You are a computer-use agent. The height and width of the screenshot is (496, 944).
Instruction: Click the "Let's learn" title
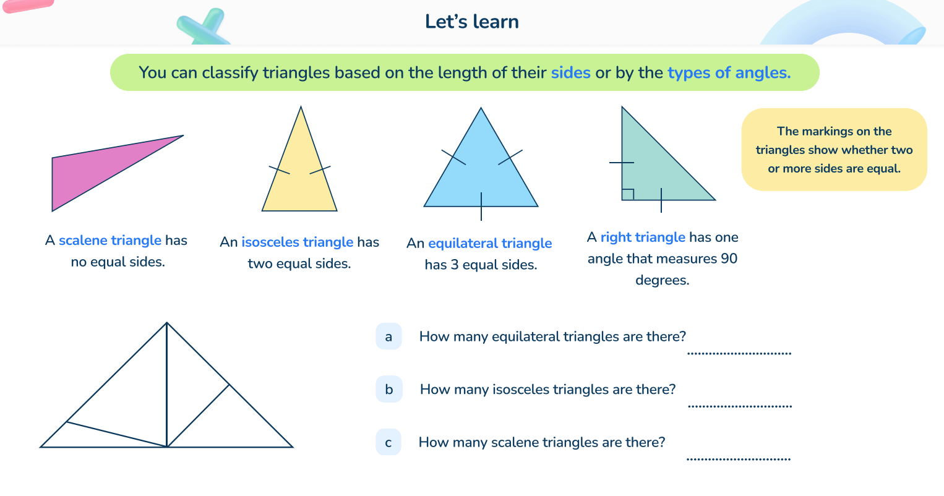471,22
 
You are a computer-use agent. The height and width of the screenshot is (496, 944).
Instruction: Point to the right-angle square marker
627,194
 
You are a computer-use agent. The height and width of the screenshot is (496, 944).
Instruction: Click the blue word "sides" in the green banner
570,73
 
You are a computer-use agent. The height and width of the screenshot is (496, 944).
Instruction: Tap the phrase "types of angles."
729,73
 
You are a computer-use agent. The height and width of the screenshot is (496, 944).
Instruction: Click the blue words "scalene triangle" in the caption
110,241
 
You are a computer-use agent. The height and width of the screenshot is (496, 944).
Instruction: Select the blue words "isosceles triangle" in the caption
297,242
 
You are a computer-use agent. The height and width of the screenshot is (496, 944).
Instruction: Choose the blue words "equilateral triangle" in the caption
490,244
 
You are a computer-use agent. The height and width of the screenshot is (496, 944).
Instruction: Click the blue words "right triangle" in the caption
643,237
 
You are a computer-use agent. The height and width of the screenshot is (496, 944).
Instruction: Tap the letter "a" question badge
388,336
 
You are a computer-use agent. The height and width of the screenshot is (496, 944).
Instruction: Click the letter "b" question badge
388,390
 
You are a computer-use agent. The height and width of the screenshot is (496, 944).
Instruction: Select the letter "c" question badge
388,442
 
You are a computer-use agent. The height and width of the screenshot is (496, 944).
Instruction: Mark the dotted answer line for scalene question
739,458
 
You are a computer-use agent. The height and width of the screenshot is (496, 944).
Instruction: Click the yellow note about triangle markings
834,150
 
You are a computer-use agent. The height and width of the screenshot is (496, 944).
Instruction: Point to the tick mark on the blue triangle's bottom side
481,207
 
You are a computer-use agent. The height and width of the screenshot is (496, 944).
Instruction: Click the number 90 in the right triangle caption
729,259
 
